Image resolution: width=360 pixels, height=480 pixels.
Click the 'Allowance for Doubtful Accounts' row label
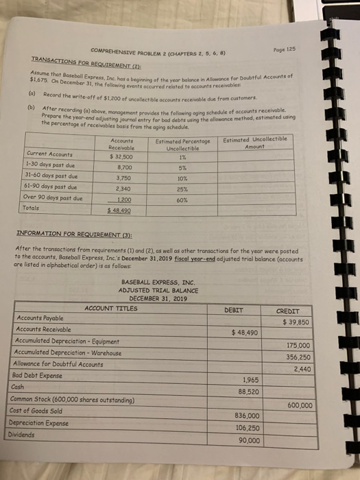click(58, 363)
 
